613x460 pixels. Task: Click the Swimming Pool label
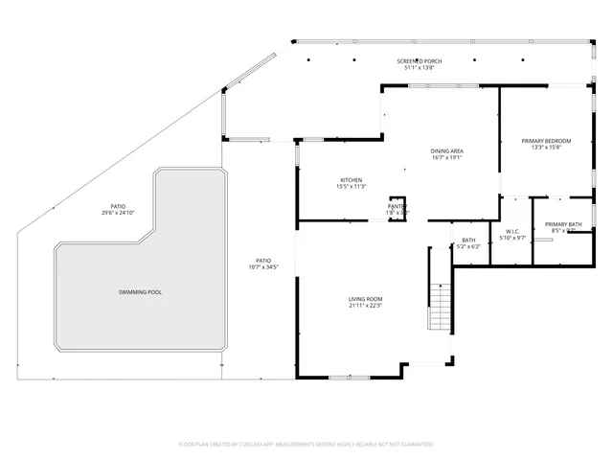140,291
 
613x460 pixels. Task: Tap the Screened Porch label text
420,61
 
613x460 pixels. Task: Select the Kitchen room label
351,180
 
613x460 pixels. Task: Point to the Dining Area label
447,151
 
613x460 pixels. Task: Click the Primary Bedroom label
546,141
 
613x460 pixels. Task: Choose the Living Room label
365,299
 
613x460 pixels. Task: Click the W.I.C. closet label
512,231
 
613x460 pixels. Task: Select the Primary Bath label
564,223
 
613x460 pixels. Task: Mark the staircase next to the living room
439,308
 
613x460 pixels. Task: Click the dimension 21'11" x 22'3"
365,307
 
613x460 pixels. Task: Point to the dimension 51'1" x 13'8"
420,69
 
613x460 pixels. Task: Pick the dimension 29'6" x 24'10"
118,213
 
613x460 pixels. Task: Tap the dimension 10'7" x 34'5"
263,267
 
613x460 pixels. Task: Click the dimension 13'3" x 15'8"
546,148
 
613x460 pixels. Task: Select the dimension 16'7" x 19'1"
447,158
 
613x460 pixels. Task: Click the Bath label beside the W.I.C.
468,240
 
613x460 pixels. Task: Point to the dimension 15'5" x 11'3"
351,187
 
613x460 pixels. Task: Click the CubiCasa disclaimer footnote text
306,444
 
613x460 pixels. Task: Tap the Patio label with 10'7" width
263,260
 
